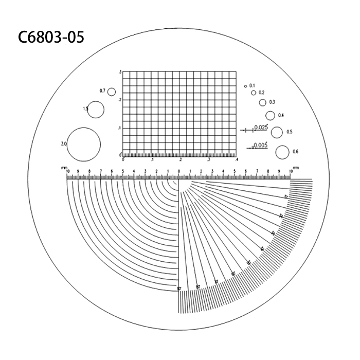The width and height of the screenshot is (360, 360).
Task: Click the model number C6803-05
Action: click(x=50, y=37)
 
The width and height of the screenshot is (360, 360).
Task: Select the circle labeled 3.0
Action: click(x=84, y=143)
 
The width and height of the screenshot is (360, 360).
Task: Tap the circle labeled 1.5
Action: click(x=96, y=110)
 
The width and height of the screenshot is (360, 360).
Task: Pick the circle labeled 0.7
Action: click(x=111, y=92)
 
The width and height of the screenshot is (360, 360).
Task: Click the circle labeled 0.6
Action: click(x=282, y=152)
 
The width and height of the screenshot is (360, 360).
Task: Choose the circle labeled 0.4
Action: click(x=271, y=115)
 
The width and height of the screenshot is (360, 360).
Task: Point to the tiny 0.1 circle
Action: click(x=245, y=85)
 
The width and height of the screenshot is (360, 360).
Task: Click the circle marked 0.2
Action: click(x=253, y=93)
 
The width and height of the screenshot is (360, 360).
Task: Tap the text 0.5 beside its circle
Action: click(x=290, y=132)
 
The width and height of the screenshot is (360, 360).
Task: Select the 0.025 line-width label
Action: click(x=261, y=127)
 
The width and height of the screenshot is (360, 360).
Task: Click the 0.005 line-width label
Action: click(x=261, y=145)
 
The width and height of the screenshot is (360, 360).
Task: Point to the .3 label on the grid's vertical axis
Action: click(x=120, y=73)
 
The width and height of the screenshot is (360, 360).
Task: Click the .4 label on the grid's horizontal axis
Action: click(x=236, y=159)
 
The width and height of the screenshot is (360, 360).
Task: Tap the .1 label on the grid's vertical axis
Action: click(x=119, y=128)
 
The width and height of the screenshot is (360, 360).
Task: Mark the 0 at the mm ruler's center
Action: click(x=179, y=171)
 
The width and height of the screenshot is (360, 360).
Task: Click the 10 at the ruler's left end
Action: click(x=67, y=171)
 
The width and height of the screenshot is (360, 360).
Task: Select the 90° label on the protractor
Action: click(x=179, y=289)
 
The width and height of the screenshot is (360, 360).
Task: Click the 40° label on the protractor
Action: click(x=262, y=249)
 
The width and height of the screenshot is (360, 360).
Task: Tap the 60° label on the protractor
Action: click(x=233, y=274)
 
